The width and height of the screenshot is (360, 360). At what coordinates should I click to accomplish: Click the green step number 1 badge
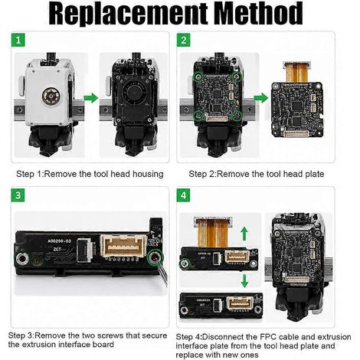coord(18,40)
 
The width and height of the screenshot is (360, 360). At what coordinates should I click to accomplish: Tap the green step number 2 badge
coord(184,40)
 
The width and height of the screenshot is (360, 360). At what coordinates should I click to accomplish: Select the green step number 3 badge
coord(18,195)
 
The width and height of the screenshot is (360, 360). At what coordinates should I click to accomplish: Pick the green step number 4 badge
coord(184,195)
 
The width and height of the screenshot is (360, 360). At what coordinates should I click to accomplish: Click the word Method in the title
coord(258,13)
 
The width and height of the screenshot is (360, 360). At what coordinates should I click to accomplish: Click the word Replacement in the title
coord(128,14)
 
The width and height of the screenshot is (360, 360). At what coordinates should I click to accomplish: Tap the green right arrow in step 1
coord(91,98)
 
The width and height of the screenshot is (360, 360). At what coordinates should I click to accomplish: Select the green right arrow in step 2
coord(261,98)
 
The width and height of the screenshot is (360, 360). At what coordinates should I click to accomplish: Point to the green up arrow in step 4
coord(244,234)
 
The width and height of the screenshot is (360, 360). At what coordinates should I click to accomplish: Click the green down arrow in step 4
coord(244,280)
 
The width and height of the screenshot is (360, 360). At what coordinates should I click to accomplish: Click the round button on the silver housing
coord(51,97)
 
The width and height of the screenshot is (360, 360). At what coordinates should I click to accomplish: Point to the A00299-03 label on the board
coord(59,241)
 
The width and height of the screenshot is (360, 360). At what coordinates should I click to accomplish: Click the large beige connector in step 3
coord(123,246)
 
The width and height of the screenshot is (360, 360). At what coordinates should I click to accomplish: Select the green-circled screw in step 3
coord(155,258)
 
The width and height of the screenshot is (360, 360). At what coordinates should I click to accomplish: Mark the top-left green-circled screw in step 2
coord(198,76)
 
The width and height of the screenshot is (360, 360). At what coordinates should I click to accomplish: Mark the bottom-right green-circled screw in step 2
coord(237,116)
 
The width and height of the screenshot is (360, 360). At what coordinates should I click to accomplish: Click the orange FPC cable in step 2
coord(297,72)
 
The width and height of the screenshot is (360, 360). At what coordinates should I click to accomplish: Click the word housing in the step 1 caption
coord(148,175)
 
